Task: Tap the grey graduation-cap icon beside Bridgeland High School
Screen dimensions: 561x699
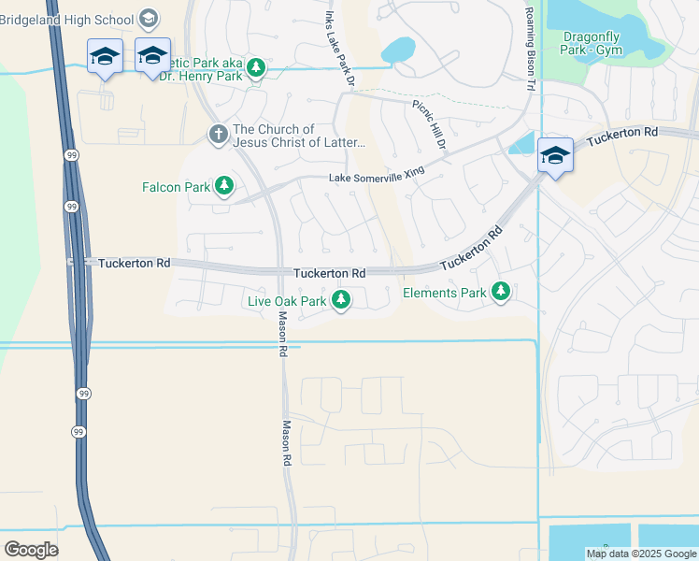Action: pyautogui.click(x=148, y=18)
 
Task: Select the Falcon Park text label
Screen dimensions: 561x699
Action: pyautogui.click(x=176, y=187)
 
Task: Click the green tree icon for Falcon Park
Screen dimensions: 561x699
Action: pyautogui.click(x=224, y=187)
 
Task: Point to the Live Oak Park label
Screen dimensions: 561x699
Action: pyautogui.click(x=287, y=300)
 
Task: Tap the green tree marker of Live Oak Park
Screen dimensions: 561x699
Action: pyautogui.click(x=343, y=300)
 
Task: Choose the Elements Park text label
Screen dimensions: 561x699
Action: pyautogui.click(x=444, y=293)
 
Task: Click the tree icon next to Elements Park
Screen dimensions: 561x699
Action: pyautogui.click(x=502, y=293)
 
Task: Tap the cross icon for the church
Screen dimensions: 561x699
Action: pyautogui.click(x=218, y=135)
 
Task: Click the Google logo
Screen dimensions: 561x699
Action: pyautogui.click(x=31, y=549)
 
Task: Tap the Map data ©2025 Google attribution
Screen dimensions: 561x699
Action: pyautogui.click(x=640, y=554)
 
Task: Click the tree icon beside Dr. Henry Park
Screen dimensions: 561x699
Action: pyautogui.click(x=255, y=67)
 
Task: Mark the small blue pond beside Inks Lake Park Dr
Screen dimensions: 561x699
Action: pyautogui.click(x=398, y=49)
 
